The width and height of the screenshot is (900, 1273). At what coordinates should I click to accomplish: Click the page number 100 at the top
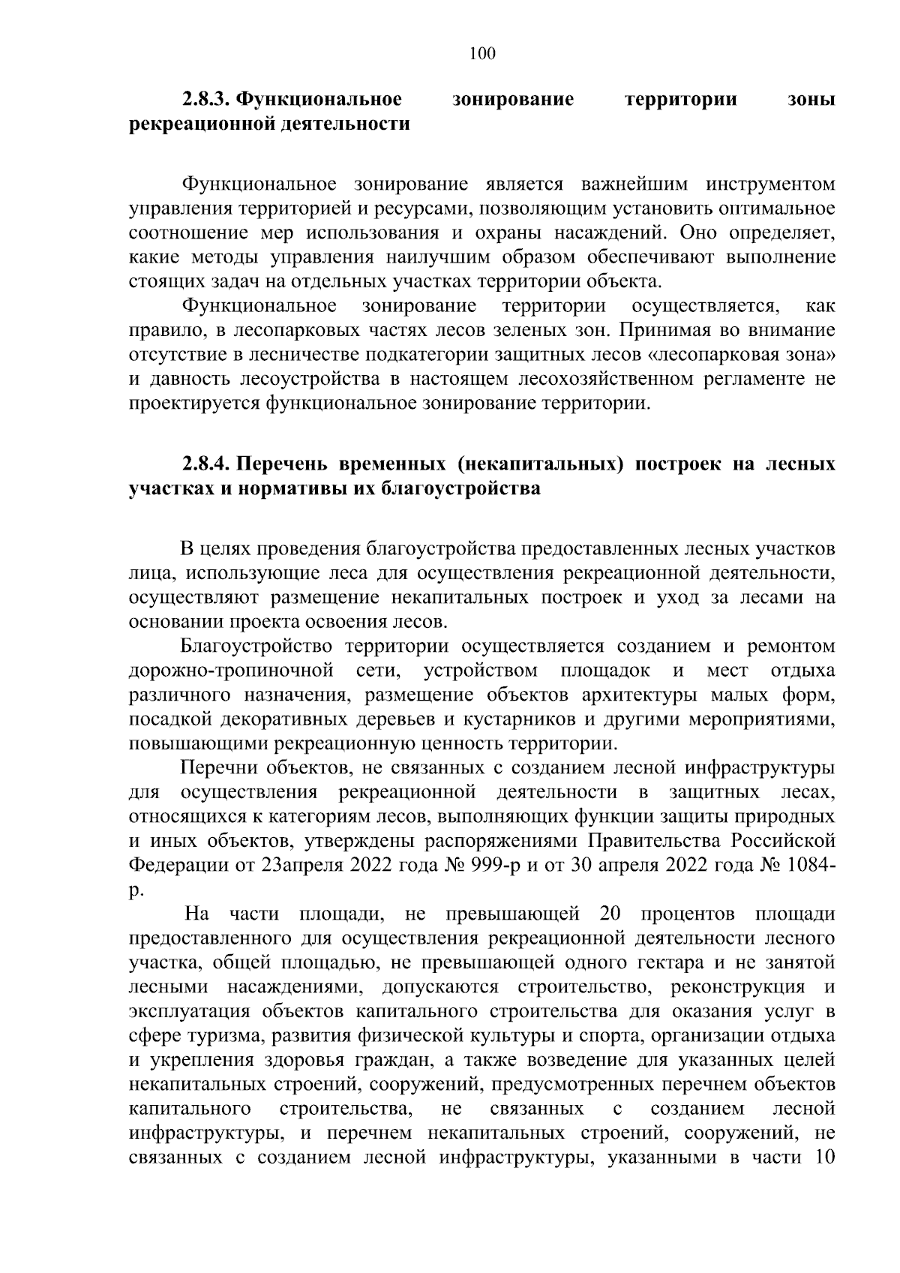coord(482,53)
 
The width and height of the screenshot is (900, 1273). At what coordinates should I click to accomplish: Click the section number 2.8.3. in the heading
coord(206,100)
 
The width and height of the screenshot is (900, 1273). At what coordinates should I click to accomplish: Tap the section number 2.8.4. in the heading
coord(206,465)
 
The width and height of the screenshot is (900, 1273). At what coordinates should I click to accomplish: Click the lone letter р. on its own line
coord(135,890)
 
